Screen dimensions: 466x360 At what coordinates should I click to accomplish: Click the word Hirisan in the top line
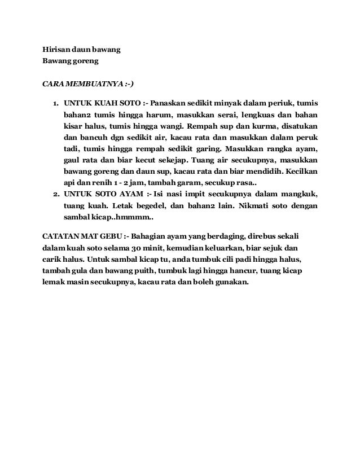[x=57, y=49]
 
